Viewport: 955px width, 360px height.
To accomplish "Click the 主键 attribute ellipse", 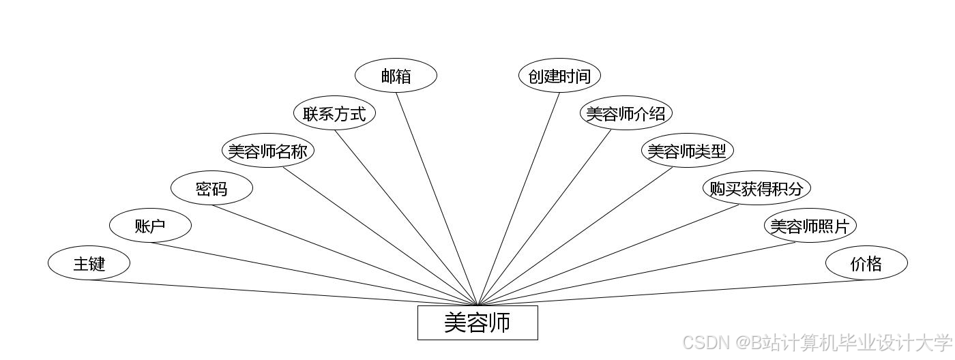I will (89, 263).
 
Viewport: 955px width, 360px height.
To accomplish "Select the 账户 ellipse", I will (150, 226).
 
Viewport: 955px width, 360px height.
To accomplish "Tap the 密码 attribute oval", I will (211, 188).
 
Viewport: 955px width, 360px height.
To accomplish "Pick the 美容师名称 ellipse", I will (267, 151).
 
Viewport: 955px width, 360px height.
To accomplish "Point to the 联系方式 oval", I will (334, 113).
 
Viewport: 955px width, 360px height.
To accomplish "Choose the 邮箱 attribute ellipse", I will (396, 76).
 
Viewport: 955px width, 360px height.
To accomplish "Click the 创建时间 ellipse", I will (559, 76).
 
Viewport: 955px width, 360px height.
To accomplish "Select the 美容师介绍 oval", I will (626, 113).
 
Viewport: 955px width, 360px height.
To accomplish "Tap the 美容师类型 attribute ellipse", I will (687, 151).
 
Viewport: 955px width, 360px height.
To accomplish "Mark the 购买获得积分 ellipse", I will (756, 188).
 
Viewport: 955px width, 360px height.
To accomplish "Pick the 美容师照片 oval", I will (810, 226).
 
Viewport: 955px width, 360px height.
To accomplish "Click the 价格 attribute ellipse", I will (866, 263).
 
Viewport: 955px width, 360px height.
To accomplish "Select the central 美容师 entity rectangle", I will (477, 322).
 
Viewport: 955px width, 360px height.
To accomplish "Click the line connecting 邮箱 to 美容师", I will (437, 198).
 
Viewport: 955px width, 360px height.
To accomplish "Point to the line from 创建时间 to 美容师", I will (518, 198).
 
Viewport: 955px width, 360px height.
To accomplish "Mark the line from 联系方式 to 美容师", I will (406, 217).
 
